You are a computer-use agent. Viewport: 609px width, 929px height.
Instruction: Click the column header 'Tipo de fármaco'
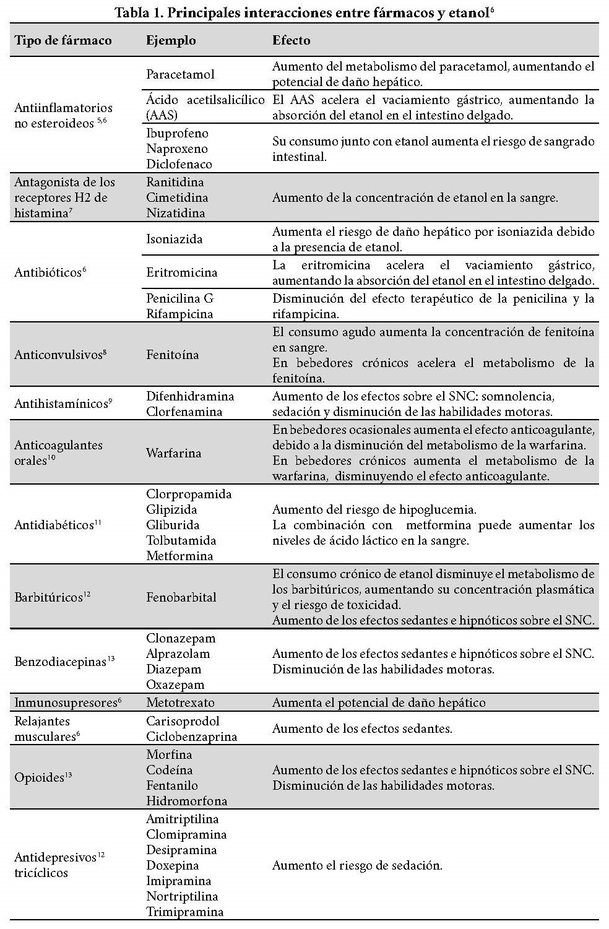tap(63, 41)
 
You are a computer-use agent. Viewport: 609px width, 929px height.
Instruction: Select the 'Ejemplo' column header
tap(171, 41)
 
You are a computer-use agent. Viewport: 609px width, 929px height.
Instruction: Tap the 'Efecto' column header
tap(292, 41)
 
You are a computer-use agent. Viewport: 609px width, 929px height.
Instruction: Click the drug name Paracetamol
tap(180, 74)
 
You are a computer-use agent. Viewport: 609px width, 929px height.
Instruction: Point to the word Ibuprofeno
tap(177, 134)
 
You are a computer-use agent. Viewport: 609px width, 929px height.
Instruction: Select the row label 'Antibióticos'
tap(48, 272)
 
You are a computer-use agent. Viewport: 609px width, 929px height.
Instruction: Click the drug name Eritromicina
tap(181, 272)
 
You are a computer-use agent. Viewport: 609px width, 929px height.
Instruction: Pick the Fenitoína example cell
tap(172, 355)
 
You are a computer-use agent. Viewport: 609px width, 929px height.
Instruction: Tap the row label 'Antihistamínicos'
tap(61, 404)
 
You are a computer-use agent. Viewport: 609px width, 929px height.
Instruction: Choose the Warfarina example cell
tap(173, 453)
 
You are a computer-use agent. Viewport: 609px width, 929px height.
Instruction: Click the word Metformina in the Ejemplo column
tap(179, 556)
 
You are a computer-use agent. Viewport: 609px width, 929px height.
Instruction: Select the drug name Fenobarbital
tap(181, 598)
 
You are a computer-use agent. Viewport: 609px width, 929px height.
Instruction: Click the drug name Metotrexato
tap(180, 703)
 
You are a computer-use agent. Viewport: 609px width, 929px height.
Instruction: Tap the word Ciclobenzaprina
tap(191, 737)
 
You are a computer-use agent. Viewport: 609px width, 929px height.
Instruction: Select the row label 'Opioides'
tap(40, 778)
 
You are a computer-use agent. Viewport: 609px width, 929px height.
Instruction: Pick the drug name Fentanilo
tap(172, 786)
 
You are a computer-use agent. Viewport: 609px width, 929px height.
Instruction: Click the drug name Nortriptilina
tap(182, 897)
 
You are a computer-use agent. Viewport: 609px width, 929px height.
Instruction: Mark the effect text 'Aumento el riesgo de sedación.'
tap(357, 866)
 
